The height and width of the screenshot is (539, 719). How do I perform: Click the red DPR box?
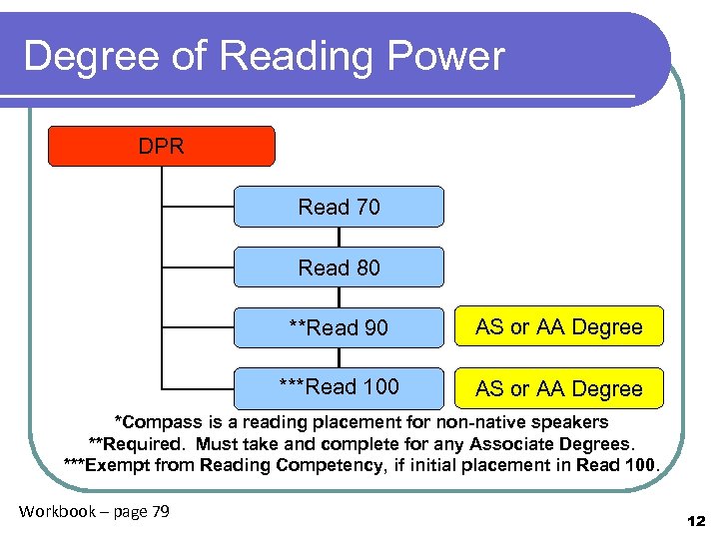[x=162, y=146]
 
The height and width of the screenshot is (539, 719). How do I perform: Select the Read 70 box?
[x=339, y=207]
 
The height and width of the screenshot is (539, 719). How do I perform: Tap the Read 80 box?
[x=339, y=268]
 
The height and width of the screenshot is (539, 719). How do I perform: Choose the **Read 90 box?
[x=339, y=327]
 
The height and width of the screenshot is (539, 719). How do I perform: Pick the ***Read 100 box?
[x=339, y=387]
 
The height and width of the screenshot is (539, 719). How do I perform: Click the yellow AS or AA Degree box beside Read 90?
[x=559, y=326]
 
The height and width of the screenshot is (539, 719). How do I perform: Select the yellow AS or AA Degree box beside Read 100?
[x=559, y=388]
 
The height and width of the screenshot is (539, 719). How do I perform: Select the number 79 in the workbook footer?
[x=159, y=512]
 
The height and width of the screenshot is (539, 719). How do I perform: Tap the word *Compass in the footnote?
[x=156, y=422]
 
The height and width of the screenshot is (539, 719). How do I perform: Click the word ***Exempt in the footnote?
[x=102, y=464]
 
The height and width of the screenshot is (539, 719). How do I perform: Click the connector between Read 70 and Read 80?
[x=340, y=238]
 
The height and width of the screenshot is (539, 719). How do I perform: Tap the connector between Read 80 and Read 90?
[x=340, y=297]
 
